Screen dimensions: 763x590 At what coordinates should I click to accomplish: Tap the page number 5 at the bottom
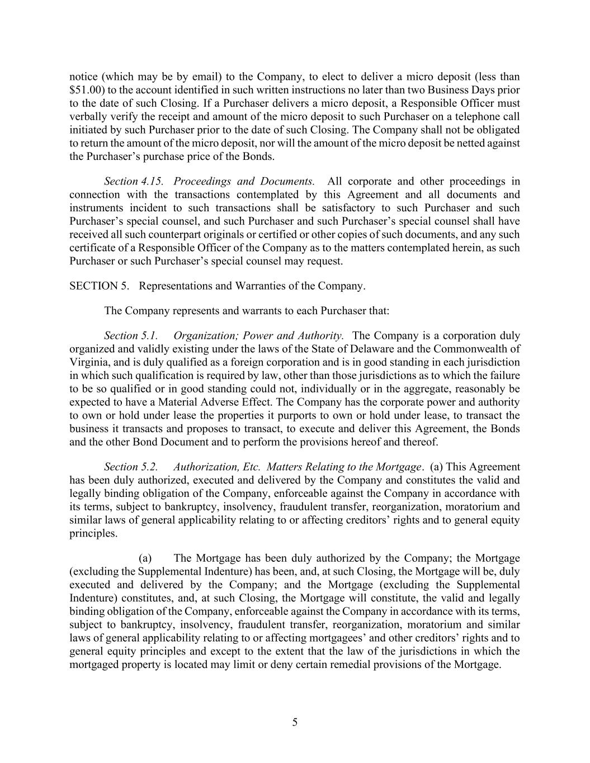coord(295,722)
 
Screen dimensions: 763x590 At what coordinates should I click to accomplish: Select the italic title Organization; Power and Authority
coord(258,336)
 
